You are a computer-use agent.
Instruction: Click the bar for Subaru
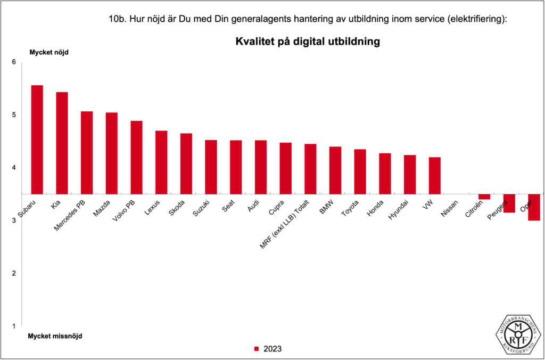tap(37, 140)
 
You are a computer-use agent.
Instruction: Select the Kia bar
tap(62, 143)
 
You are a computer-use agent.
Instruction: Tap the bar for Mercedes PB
tap(87, 152)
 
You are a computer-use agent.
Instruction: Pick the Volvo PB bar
tap(136, 157)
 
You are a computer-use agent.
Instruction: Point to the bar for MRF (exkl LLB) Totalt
tap(310, 169)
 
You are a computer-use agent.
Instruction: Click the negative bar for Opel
tap(534, 207)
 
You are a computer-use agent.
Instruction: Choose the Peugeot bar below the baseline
tap(509, 203)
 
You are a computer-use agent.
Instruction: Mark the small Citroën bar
tap(484, 197)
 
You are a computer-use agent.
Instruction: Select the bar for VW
tap(435, 176)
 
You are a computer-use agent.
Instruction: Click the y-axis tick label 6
tap(14, 62)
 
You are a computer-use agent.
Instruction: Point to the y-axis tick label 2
tap(14, 273)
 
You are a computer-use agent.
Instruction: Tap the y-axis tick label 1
tap(14, 326)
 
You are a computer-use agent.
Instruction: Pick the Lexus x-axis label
tap(152, 207)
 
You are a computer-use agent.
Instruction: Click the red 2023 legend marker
tap(256, 349)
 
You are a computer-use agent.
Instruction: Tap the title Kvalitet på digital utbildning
tap(307, 42)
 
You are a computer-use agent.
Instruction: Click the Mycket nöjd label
tap(48, 52)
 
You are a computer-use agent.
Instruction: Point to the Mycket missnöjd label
tap(55, 336)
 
